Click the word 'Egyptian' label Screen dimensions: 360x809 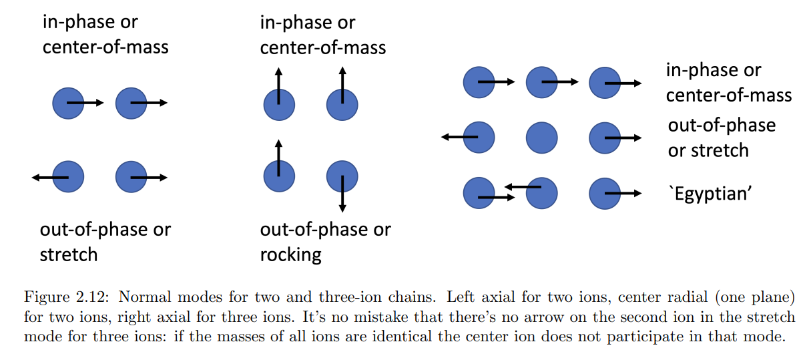tap(710, 194)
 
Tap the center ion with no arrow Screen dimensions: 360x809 tap(542, 138)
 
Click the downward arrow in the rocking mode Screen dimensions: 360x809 tap(342, 193)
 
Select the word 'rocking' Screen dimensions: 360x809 tap(291, 254)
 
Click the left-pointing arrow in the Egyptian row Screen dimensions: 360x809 tap(521, 187)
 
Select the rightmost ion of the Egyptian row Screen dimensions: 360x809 tap(605, 194)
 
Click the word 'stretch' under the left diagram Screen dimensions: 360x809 tap(69, 254)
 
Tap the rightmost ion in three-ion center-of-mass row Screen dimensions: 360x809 tap(605, 82)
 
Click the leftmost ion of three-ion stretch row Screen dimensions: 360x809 tap(479, 138)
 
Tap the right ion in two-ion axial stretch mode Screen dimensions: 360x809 tap(131, 177)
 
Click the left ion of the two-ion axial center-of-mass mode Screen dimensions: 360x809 tap(68, 104)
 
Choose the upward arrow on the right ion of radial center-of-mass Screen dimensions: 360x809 tap(342, 84)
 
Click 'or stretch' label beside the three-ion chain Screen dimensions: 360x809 tap(708, 150)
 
